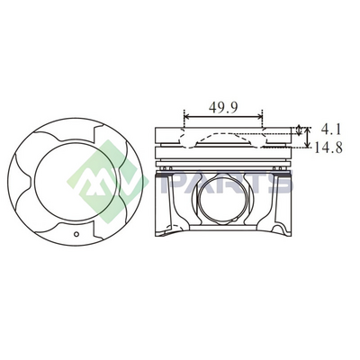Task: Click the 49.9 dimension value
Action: tap(223, 107)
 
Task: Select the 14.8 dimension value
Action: tap(328, 148)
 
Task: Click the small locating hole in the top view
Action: tap(76, 234)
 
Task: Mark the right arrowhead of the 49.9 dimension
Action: tap(260, 116)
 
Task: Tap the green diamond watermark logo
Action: tap(107, 182)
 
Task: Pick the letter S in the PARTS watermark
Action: tap(281, 182)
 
